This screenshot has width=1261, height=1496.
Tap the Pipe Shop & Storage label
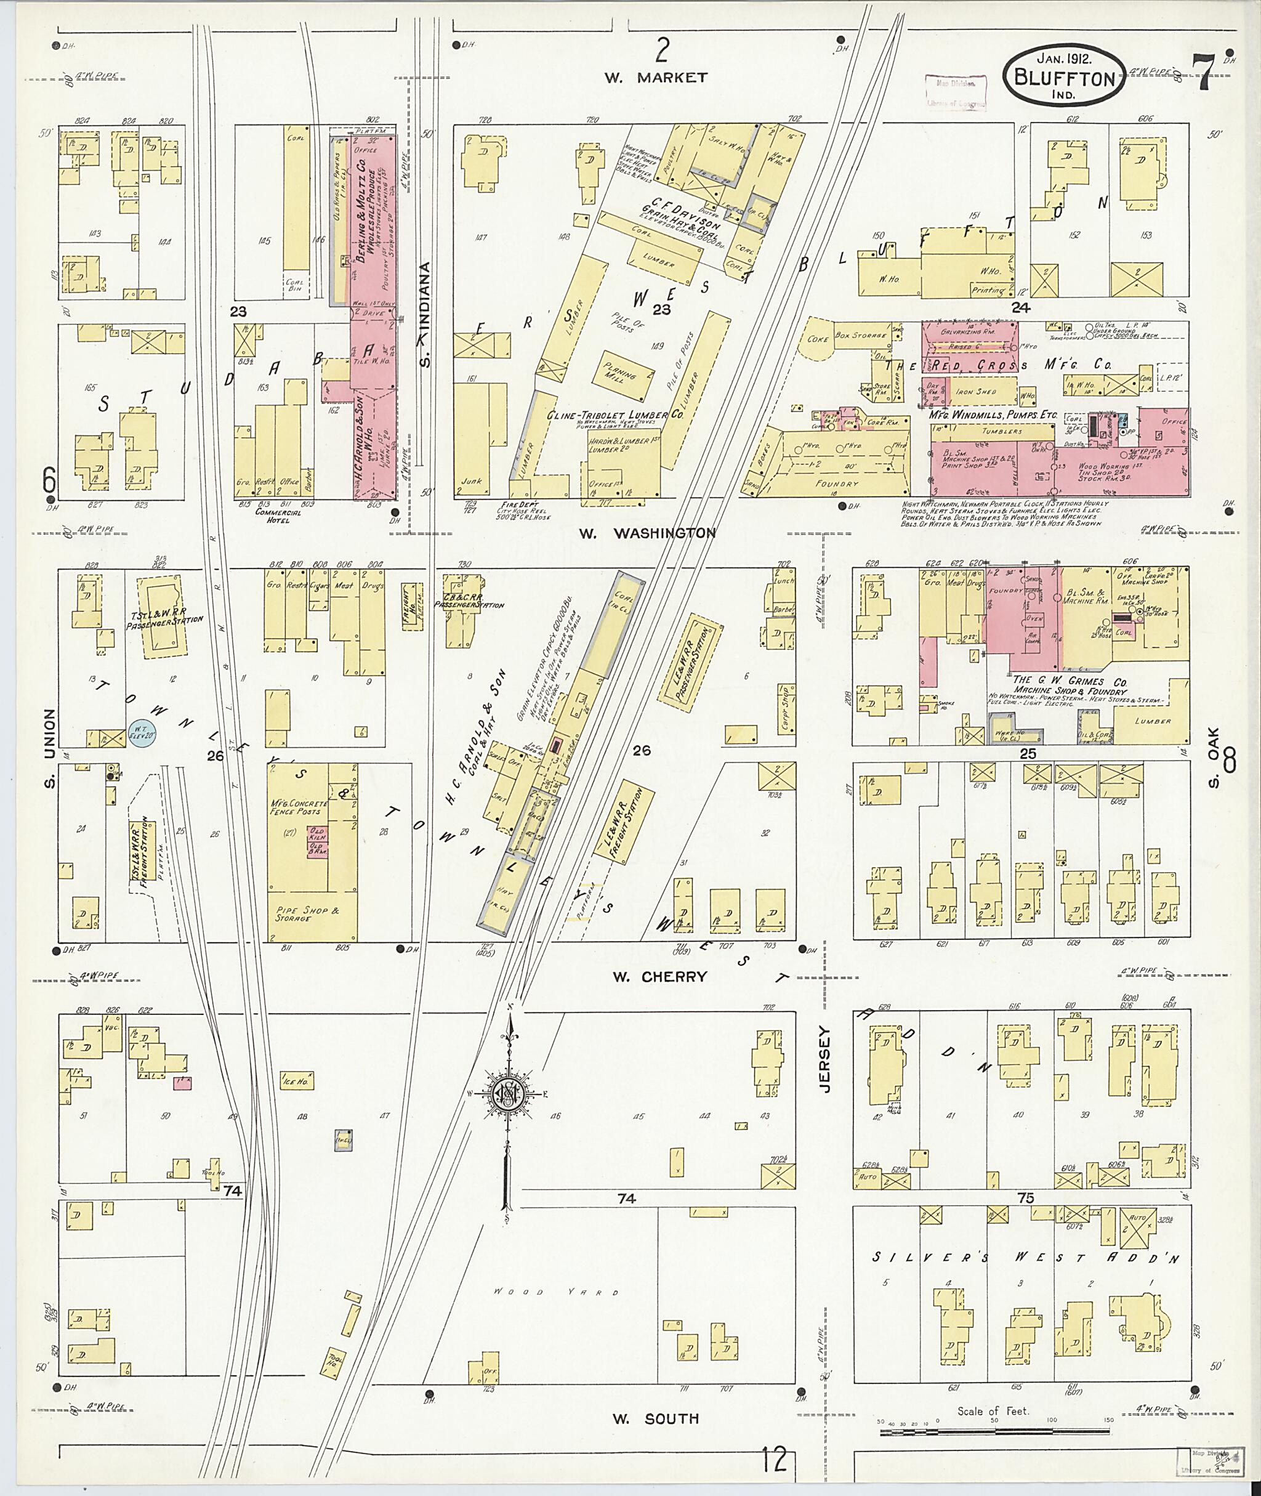pos(302,913)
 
